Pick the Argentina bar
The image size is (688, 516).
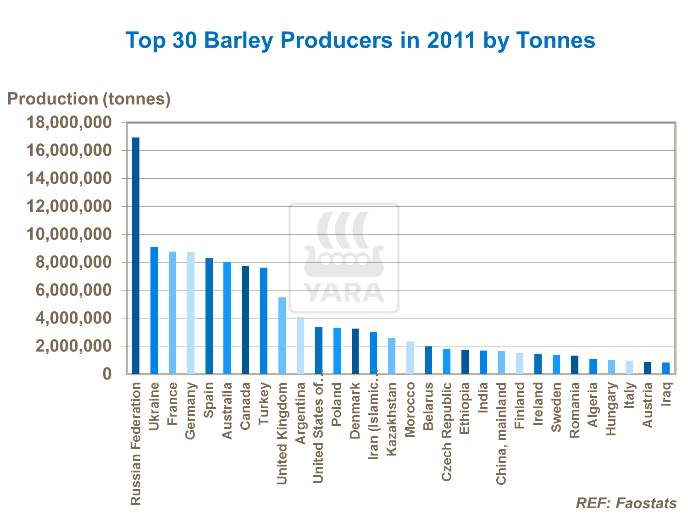point(300,346)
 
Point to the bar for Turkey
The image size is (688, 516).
point(264,321)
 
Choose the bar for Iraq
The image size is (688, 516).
point(666,368)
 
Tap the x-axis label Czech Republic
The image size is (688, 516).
point(447,432)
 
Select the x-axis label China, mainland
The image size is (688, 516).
point(501,434)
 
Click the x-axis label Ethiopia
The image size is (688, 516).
point(465,408)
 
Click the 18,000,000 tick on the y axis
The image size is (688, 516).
point(69,123)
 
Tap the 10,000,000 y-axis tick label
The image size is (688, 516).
point(69,235)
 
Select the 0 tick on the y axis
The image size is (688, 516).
point(107,374)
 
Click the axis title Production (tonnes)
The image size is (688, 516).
point(89,99)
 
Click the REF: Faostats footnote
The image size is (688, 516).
point(626,503)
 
